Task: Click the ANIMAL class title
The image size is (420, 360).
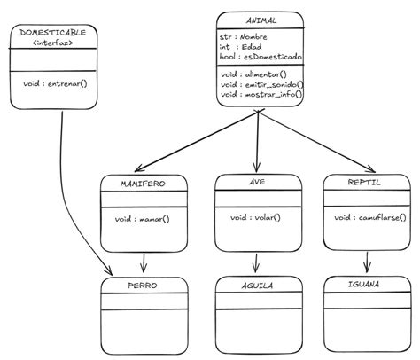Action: click(x=260, y=20)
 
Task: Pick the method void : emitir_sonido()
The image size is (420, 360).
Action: click(x=261, y=84)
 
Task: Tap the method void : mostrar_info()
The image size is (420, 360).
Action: click(x=261, y=93)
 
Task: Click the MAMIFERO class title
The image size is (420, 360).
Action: click(x=143, y=184)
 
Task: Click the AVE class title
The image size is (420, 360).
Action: click(x=257, y=182)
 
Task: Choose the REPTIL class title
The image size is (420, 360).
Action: click(x=365, y=182)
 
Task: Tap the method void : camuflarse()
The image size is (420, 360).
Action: click(x=366, y=216)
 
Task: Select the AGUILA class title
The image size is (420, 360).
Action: click(x=256, y=287)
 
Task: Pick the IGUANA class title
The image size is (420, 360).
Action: click(x=365, y=286)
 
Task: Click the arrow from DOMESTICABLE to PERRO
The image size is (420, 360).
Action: click(x=70, y=204)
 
